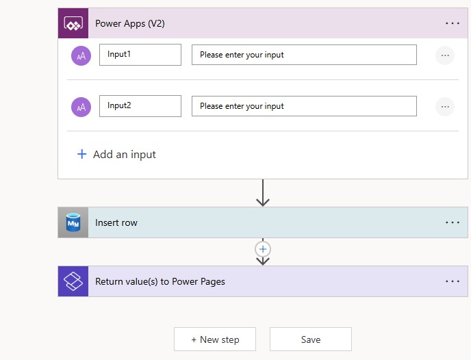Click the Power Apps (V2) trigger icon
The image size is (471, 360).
point(73,23)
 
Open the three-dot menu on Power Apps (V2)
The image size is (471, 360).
point(453,23)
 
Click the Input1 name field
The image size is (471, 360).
point(140,55)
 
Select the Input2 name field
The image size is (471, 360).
point(140,106)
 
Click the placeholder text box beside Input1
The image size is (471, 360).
point(304,55)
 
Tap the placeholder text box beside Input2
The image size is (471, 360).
point(304,106)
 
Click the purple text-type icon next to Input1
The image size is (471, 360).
point(81,55)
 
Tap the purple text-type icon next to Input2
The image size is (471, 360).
point(81,107)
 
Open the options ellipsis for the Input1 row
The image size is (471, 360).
point(445,55)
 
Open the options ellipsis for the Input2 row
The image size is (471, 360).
point(445,107)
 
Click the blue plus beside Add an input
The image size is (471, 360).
point(81,154)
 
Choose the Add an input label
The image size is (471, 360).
point(125,154)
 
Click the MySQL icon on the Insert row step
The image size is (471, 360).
point(73,222)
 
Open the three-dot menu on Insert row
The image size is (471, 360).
point(453,222)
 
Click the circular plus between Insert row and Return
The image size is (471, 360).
point(263,249)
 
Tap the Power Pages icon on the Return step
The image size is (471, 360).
point(73,281)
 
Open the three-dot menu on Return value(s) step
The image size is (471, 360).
point(453,281)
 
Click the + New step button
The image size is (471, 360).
point(215,339)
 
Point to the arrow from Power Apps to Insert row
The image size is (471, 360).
point(263,193)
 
